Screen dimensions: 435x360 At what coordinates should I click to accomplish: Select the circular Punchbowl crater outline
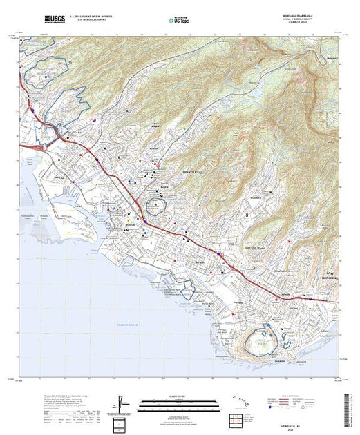coord(157,206)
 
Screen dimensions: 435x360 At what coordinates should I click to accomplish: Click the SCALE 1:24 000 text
coord(178,396)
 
